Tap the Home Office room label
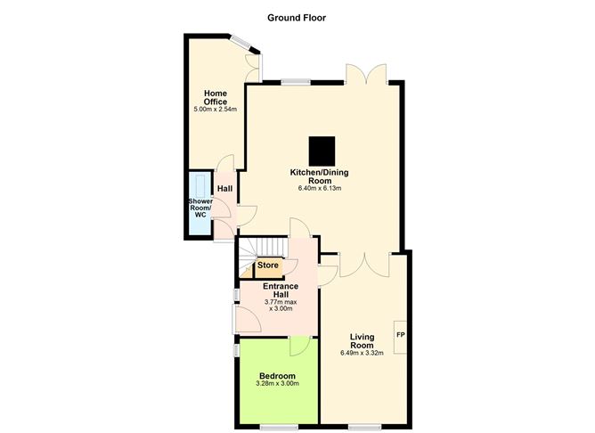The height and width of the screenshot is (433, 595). pos(216,97)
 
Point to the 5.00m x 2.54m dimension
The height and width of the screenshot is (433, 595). pos(216,110)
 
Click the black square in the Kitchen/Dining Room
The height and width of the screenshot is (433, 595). pos(322,149)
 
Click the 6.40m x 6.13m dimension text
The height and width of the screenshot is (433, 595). pos(321,188)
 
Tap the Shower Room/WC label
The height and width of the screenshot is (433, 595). pos(198,207)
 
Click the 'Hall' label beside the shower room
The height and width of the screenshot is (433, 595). pos(224,189)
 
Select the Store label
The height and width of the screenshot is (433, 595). pos(268,266)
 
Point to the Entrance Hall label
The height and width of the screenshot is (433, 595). pos(280,290)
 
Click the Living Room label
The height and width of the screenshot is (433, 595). pos(361,341)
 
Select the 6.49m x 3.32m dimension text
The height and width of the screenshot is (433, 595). pos(361,353)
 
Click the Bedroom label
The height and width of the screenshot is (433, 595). pos(277,375)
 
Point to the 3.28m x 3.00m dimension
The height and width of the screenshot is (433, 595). pos(277,384)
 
